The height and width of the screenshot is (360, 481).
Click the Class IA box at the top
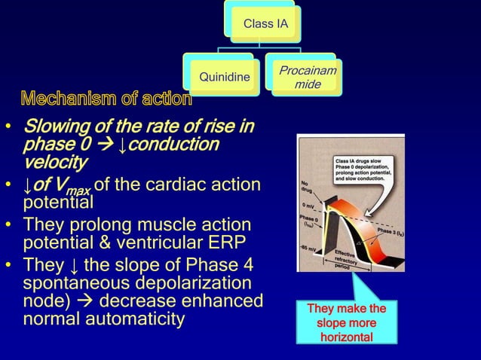265,25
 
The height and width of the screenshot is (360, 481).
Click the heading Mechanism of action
106,99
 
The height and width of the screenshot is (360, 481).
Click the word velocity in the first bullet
55,162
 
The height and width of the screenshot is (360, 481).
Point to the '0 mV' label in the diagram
311,205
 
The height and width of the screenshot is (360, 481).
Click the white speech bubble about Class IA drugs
366,172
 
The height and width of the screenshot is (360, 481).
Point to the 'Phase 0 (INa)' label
310,220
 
